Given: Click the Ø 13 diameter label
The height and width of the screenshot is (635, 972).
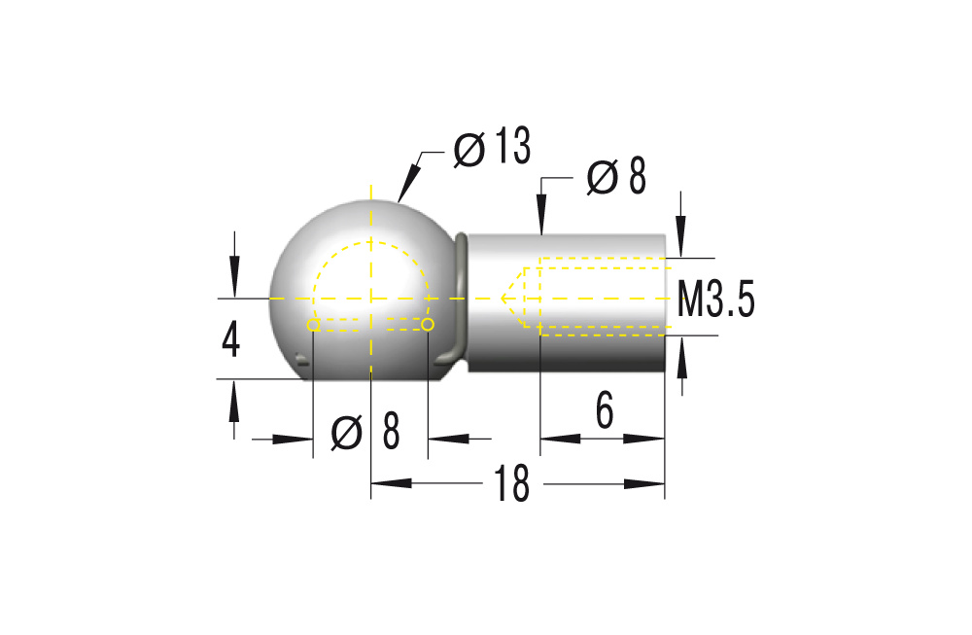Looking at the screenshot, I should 493,148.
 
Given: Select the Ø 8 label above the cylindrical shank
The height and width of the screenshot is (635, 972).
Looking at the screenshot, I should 616,178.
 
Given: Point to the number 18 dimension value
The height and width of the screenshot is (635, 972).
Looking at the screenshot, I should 511,484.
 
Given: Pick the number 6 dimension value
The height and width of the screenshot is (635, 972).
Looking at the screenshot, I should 604,412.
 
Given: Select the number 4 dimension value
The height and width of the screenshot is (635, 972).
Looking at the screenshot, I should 230,340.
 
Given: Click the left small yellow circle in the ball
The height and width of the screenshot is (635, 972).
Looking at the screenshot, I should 313,325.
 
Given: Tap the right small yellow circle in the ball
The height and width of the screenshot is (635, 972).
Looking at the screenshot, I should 427,323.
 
